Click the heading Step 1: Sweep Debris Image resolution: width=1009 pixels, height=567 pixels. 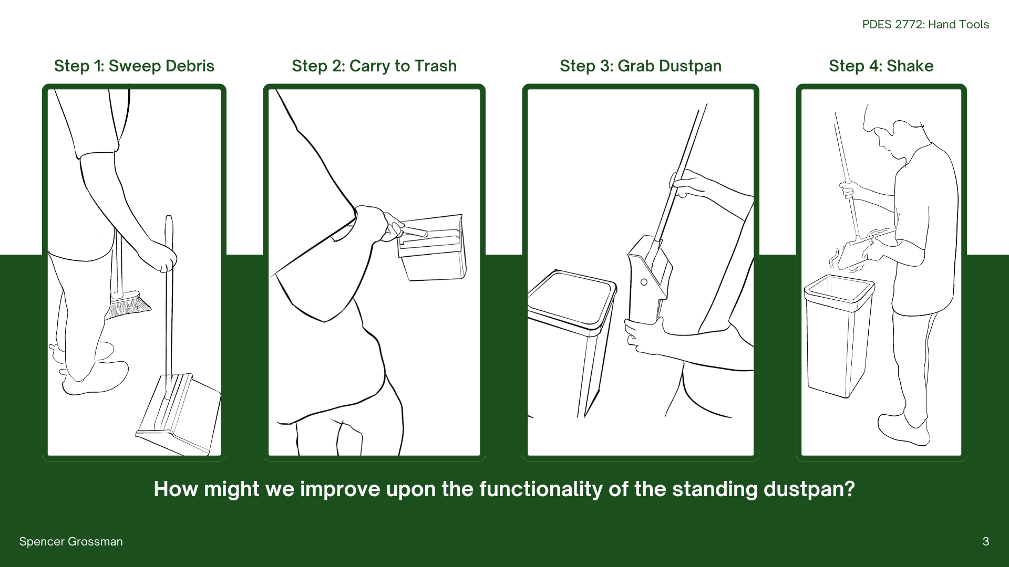click(134, 66)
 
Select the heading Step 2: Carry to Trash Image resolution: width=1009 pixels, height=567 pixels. click(374, 66)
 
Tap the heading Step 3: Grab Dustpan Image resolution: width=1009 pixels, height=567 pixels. click(641, 66)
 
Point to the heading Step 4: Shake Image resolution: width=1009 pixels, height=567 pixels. click(881, 66)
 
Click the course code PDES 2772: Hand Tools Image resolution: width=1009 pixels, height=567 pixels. click(925, 24)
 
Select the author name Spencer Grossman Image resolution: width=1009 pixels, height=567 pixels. click(71, 541)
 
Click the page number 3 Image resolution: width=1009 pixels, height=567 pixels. click(986, 541)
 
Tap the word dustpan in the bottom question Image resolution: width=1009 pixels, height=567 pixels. click(809, 489)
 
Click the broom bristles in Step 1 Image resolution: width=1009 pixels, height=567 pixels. click(128, 305)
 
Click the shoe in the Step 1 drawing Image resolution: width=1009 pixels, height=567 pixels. click(95, 378)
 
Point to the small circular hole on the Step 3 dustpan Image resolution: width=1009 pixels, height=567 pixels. click(644, 282)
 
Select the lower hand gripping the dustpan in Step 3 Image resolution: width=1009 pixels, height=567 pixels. click(644, 335)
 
